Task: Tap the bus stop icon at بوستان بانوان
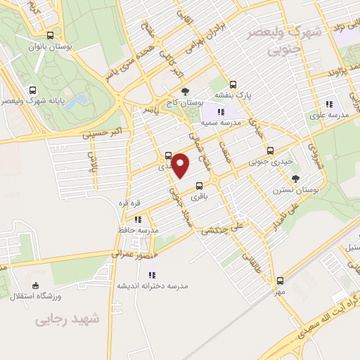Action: pyautogui.click(x=49, y=35)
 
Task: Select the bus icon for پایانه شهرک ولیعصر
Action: pyautogui.click(x=32, y=90)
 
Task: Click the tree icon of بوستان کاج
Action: pyautogui.click(x=185, y=91)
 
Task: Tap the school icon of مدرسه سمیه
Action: pyautogui.click(x=221, y=111)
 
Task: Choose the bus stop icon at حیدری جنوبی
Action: pyautogui.click(x=270, y=150)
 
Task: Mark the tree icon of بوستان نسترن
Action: pyautogui.click(x=295, y=179)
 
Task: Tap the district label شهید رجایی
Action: pyautogui.click(x=67, y=320)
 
